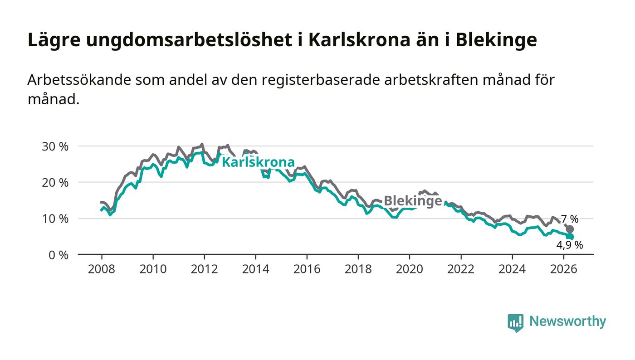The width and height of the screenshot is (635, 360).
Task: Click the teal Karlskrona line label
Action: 258,162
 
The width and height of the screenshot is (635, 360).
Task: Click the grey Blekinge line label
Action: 413,201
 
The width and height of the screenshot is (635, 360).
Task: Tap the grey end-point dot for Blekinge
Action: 570,229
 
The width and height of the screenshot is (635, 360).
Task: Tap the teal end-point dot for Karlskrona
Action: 570,236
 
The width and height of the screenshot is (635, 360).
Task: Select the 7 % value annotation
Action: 570,219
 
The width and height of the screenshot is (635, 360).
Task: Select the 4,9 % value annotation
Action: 570,245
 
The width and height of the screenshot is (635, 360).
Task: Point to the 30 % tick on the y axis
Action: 55,146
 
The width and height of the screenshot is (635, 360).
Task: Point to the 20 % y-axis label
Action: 55,183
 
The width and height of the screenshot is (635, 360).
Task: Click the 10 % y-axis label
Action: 55,219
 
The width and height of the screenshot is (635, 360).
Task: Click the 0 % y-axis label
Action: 59,255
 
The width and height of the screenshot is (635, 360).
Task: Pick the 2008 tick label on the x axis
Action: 102,269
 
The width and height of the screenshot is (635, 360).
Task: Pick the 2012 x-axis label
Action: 205,269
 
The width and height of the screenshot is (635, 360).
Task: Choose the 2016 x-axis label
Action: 307,269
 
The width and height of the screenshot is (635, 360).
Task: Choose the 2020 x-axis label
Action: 410,269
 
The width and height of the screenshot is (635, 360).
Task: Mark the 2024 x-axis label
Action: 512,269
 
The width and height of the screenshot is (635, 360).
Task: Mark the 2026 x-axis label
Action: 563,269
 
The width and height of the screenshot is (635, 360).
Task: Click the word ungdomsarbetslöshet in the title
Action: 189,40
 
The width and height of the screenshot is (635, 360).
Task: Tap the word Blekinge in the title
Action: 496,39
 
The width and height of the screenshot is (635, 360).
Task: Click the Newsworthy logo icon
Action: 515,323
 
